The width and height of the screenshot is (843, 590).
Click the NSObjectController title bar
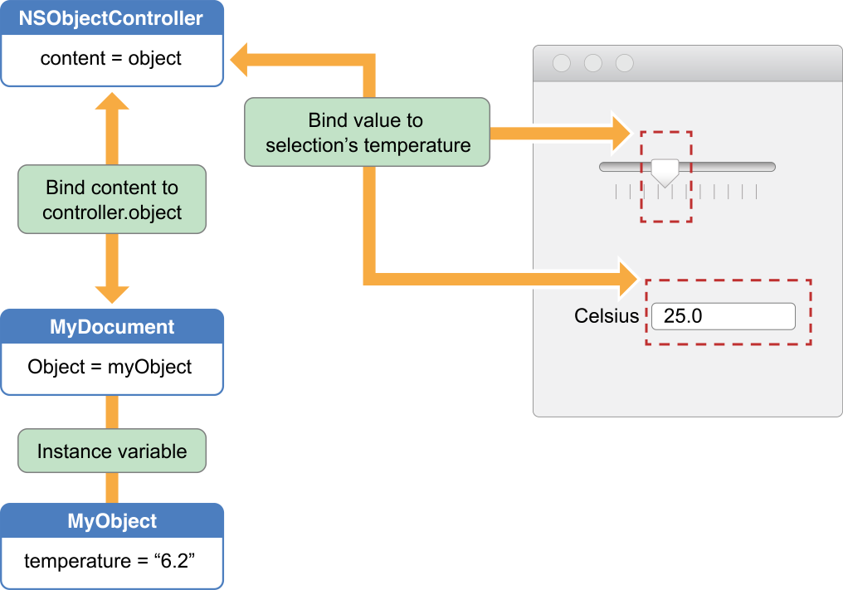click(111, 18)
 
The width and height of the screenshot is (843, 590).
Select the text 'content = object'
click(111, 60)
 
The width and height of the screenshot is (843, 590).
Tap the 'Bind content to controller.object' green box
click(112, 199)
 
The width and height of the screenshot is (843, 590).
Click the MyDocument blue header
click(112, 326)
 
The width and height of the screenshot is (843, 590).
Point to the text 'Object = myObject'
click(110, 367)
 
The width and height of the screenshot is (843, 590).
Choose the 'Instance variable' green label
click(112, 451)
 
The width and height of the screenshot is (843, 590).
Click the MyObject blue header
click(112, 521)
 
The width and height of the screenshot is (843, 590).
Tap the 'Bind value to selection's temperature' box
click(366, 133)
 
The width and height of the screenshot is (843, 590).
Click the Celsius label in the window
click(607, 316)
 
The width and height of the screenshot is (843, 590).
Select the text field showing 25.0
click(723, 316)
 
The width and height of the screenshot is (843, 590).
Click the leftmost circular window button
click(562, 63)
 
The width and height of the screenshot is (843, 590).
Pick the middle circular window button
click(593, 63)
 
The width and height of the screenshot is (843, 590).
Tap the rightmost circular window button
click(625, 63)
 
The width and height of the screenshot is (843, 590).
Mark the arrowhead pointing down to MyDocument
click(112, 294)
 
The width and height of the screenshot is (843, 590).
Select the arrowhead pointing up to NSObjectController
click(112, 100)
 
